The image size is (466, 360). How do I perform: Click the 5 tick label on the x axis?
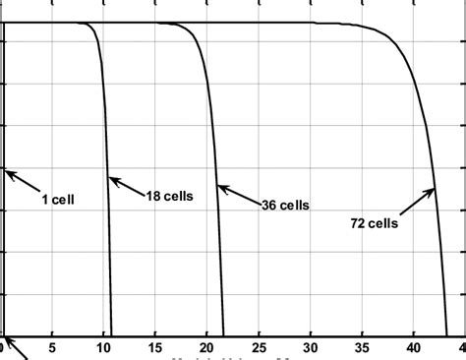53,347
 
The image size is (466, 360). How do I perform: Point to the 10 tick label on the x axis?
104,347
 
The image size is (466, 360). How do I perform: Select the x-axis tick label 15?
155,347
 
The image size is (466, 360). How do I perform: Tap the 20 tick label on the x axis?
207,347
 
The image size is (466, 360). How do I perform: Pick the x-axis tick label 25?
260,347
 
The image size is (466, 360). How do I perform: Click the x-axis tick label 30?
311,347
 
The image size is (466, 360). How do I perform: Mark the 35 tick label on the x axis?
363,347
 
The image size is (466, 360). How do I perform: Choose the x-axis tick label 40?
414,347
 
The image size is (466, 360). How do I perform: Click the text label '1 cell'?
58,199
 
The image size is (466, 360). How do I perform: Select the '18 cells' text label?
169,196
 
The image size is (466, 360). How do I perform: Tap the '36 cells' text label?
285,206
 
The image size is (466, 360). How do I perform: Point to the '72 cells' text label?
374,223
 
